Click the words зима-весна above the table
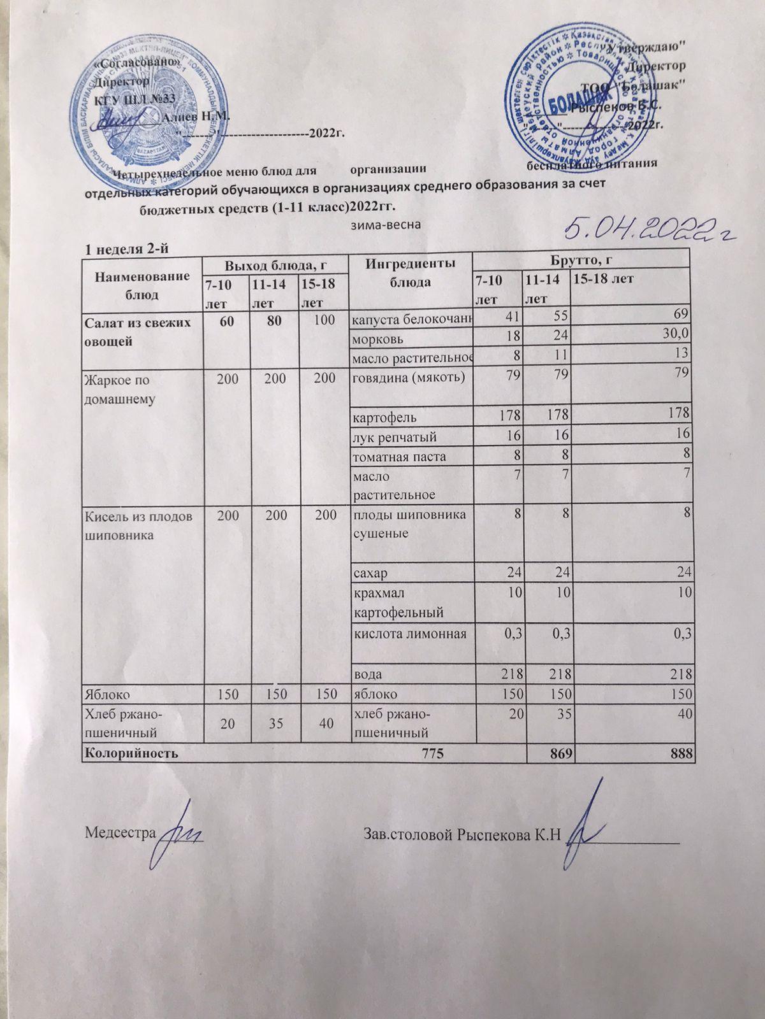(385, 225)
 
